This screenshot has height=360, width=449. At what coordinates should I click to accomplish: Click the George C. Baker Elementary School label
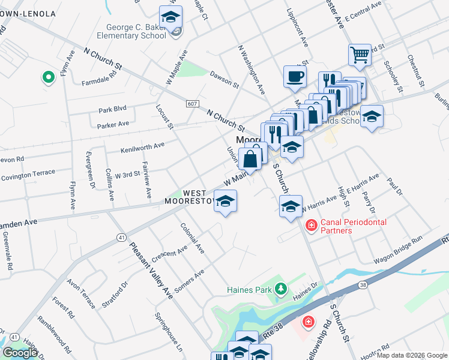(136, 31)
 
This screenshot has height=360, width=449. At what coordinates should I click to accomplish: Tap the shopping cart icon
(360, 55)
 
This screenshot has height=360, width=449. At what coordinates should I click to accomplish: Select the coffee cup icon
(295, 77)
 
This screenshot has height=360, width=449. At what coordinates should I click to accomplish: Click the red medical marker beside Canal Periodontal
(311, 226)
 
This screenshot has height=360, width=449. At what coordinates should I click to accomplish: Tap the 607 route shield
(192, 104)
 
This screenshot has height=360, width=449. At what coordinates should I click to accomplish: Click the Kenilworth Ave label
(142, 146)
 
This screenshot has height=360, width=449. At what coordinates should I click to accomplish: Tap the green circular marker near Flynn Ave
(47, 77)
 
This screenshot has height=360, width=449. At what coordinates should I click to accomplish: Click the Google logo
(20, 353)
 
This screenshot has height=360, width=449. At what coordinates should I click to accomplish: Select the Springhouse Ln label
(168, 332)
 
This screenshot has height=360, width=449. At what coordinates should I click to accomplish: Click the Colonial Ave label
(192, 238)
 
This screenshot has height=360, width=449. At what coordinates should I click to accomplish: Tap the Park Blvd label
(113, 110)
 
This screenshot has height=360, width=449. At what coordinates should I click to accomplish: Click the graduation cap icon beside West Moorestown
(226, 202)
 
